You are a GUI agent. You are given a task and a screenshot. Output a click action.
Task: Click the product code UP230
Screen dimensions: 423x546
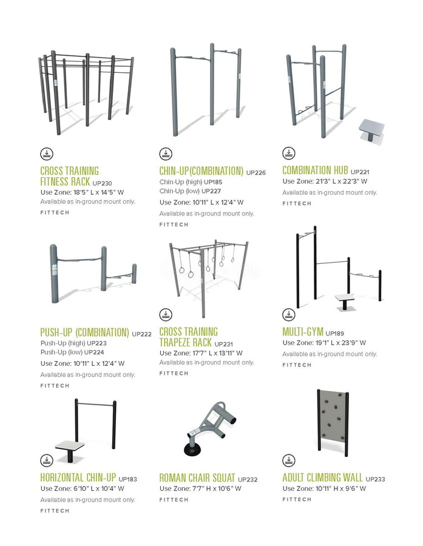pos(102,183)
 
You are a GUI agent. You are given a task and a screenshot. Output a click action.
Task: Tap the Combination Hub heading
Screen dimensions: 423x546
pos(315,170)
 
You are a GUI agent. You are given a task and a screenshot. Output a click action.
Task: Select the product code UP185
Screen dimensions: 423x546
pos(213,182)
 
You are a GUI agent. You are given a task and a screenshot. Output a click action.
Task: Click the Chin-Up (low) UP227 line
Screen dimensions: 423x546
pos(190,191)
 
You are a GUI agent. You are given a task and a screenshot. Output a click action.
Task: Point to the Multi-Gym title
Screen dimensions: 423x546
pos(303,331)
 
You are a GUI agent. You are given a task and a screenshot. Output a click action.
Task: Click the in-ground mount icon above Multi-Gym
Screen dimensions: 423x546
pos(288,314)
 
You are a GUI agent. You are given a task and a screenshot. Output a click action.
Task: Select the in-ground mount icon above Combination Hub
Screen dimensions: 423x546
pos(288,153)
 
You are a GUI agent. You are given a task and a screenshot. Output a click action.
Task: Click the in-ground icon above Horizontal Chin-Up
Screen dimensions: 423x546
pos(47,460)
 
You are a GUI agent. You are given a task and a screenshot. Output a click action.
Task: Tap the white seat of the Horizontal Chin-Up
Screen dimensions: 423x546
pos(70,446)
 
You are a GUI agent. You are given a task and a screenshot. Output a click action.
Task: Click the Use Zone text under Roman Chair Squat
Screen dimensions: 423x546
pos(200,488)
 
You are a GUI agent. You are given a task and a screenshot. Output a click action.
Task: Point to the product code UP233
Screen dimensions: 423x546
pos(375,479)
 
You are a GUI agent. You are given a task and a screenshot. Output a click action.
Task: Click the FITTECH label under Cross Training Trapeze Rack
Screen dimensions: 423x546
pos(174,373)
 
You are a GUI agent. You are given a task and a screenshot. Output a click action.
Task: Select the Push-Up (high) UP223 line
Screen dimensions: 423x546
pos(73,343)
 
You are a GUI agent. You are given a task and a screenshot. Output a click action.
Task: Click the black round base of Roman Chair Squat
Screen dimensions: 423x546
pos(192,450)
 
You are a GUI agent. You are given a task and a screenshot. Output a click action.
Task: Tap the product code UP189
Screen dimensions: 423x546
pos(334,333)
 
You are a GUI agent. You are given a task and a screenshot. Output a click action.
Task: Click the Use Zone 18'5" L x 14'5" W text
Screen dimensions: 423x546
pos(82,192)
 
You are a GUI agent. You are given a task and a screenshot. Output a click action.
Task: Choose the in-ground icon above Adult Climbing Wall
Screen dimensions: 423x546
pos(288,460)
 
